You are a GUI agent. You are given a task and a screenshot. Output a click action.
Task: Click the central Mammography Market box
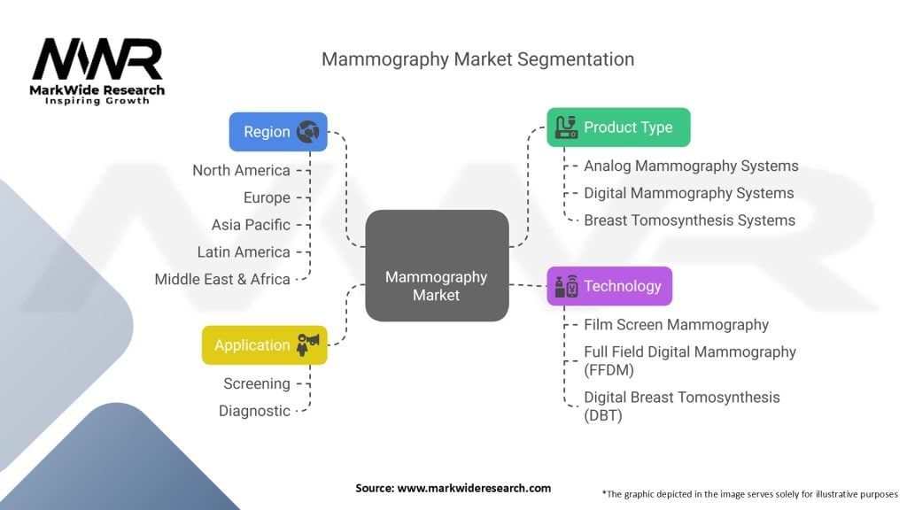(437, 266)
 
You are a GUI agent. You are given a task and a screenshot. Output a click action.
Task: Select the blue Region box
(278, 131)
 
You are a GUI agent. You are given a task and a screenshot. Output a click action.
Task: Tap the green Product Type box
(618, 127)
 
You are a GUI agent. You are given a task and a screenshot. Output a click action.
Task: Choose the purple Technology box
(609, 286)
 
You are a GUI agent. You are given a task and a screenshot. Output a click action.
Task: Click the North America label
(241, 170)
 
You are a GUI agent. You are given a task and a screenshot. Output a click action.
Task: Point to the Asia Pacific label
(251, 225)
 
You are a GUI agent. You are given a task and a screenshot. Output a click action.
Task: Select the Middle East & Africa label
(222, 279)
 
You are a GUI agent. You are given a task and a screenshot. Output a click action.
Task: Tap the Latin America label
(244, 252)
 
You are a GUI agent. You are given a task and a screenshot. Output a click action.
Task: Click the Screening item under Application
(256, 383)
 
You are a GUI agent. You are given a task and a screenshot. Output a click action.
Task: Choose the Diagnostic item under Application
(254, 411)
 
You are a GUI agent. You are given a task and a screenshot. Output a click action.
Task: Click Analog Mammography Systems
(691, 166)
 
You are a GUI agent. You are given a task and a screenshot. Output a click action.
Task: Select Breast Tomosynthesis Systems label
(689, 220)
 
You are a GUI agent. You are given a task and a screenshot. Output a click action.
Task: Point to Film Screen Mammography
(676, 325)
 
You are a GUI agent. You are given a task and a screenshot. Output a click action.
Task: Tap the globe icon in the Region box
(308, 131)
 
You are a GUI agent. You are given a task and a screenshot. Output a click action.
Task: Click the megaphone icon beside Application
(307, 344)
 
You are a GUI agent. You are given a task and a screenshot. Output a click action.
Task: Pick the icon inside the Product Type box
(565, 127)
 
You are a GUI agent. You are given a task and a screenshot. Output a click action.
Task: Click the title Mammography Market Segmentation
(477, 59)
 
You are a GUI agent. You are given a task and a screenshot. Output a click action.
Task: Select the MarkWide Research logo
(98, 71)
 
